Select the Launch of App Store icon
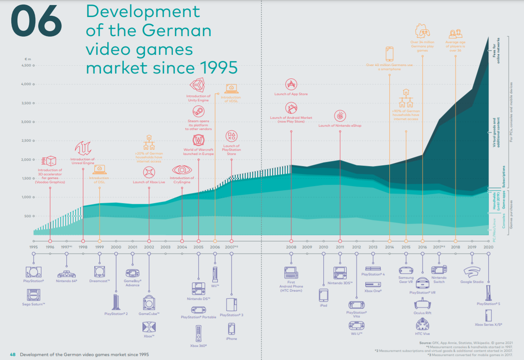click(x=291, y=84)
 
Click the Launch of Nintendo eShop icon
click(x=340, y=116)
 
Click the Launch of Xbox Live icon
click(x=149, y=172)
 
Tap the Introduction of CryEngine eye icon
click(x=182, y=170)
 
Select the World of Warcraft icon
click(x=198, y=140)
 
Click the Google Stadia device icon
click(x=472, y=272)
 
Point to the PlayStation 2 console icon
click(x=116, y=301)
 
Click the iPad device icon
click(x=323, y=295)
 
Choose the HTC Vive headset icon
click(x=422, y=323)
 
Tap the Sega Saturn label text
click(x=33, y=304)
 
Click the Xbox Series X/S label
click(x=488, y=324)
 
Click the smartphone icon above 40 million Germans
click(x=389, y=54)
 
